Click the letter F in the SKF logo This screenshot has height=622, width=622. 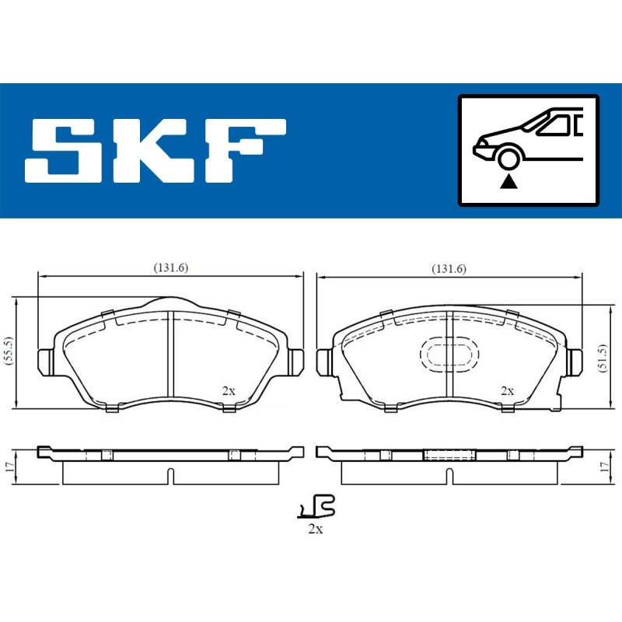[246, 150]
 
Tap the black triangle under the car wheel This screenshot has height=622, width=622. [508, 183]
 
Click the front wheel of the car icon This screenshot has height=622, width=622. [508, 159]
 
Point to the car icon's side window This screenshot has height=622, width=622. [555, 125]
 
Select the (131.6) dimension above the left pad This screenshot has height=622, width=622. [171, 267]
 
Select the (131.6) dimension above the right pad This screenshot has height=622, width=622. [449, 268]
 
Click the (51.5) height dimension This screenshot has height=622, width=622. [603, 357]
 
